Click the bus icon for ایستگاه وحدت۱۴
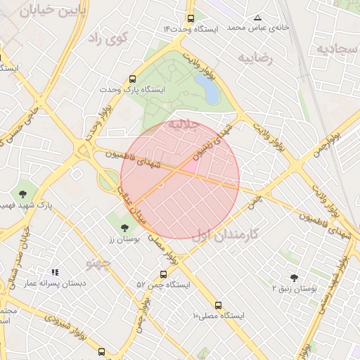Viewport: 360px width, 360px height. [x=191, y=19]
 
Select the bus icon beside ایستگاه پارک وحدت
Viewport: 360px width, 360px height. [x=133, y=79]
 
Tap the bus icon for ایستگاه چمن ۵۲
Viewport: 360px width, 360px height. [x=163, y=274]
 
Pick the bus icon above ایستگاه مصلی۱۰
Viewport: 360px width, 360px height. [x=218, y=306]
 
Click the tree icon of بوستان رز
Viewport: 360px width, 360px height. [x=125, y=227]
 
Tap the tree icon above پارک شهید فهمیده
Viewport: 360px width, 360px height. [x=23, y=193]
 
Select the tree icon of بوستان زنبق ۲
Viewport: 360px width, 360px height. [x=294, y=277]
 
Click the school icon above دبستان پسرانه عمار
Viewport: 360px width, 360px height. [x=55, y=271]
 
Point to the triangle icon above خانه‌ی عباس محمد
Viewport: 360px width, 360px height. [x=258, y=18]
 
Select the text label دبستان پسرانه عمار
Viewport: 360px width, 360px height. [x=56, y=283]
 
